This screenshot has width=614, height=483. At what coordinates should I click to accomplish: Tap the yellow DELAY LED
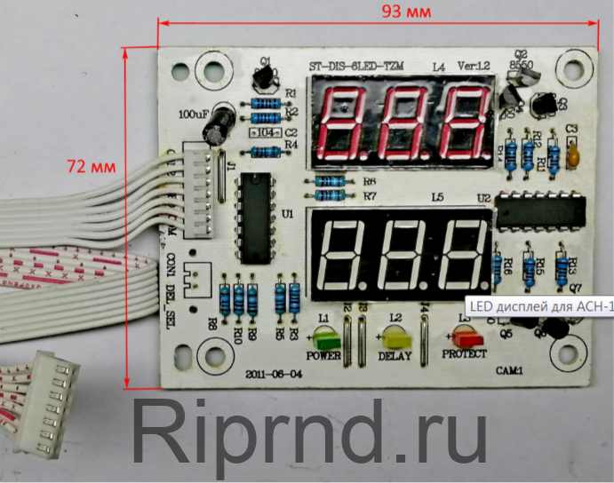pyautogui.click(x=395, y=337)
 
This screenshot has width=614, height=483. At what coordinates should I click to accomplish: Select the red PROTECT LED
pyautogui.click(x=464, y=337)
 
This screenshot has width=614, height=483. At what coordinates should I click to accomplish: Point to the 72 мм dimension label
pyautogui.click(x=91, y=166)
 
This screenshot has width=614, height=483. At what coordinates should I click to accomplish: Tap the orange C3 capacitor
pyautogui.click(x=573, y=157)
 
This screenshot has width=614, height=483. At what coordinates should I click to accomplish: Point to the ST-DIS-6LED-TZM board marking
pyautogui.click(x=355, y=67)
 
